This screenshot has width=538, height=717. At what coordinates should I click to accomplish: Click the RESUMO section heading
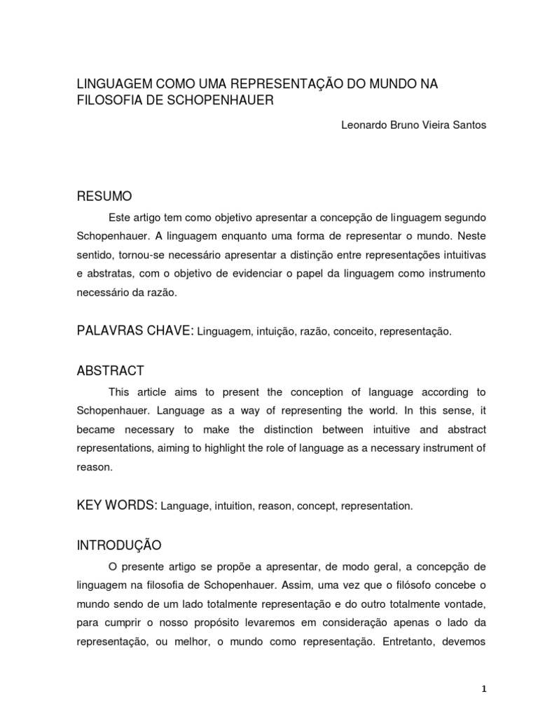pos(104,195)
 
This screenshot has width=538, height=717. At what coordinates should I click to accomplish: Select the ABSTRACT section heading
pos(110,370)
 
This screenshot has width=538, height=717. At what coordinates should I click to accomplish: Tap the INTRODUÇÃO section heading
pos(119,545)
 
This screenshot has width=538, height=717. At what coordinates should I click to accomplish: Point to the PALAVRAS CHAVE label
pos(134,330)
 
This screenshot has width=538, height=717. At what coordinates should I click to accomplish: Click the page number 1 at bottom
pos(483,689)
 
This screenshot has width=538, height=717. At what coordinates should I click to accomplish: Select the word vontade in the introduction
pos(464,602)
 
